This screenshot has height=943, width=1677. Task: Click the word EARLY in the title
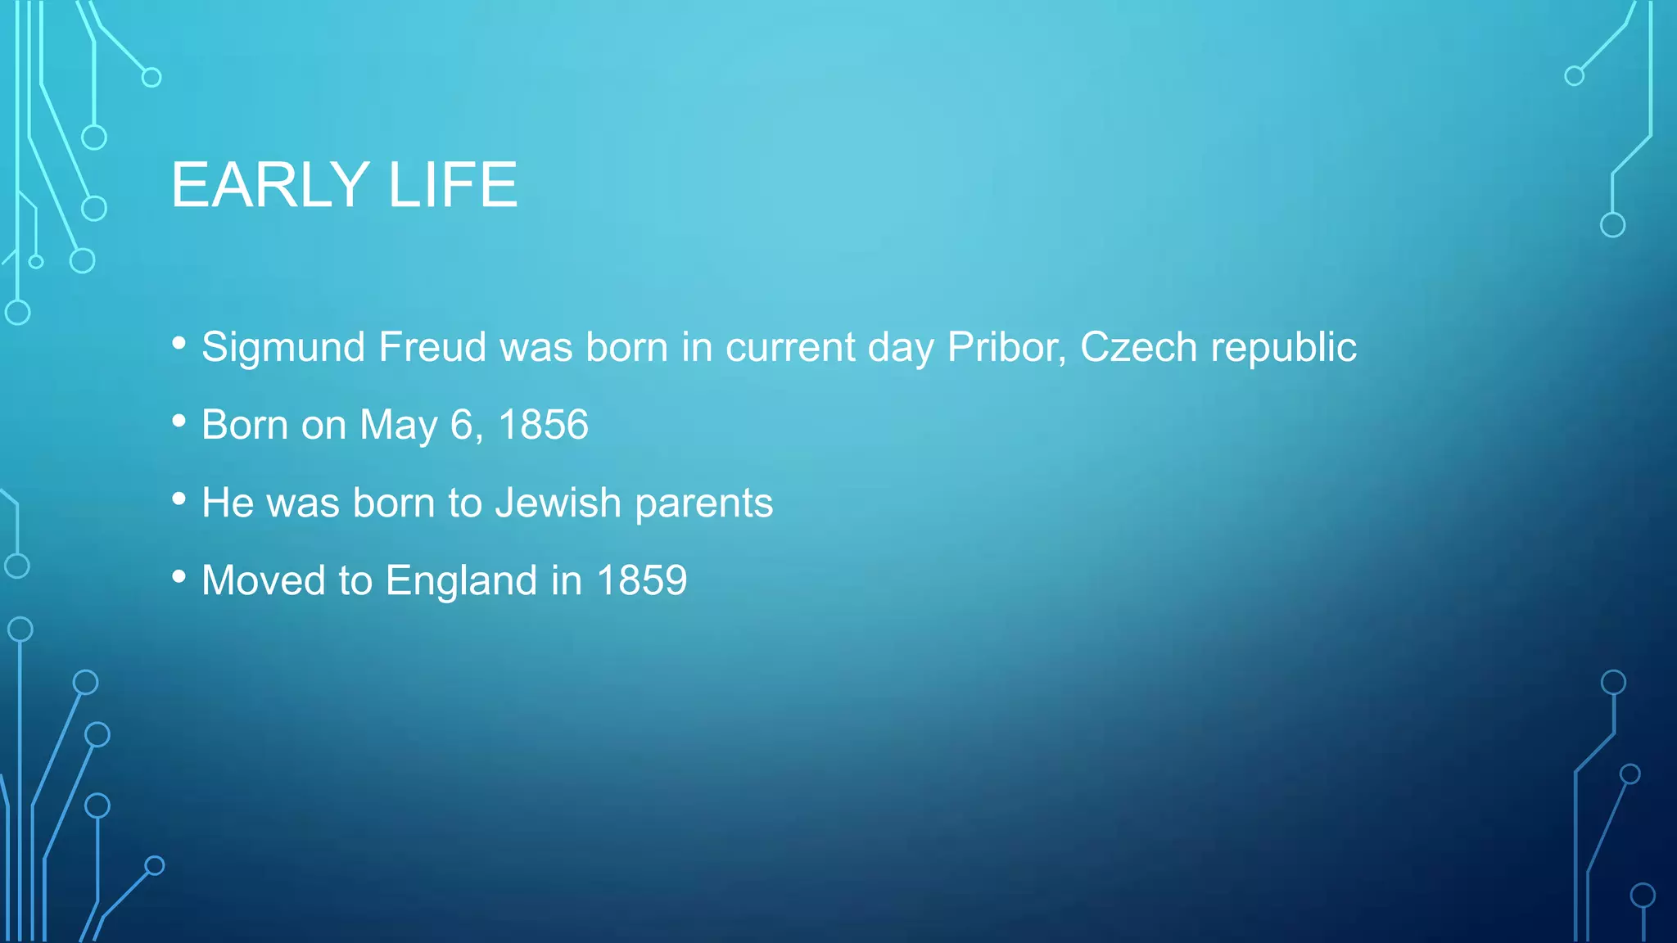270,185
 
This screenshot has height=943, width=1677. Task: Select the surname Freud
432,347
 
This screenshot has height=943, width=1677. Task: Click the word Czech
1139,347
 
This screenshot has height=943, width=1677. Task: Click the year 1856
543,425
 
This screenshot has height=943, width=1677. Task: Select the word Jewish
558,503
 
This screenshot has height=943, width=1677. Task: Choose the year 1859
642,580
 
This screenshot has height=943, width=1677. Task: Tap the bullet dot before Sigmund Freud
179,344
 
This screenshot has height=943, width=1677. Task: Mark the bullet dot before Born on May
179,422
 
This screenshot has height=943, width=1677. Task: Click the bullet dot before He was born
179,499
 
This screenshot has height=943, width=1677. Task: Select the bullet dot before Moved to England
179,577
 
